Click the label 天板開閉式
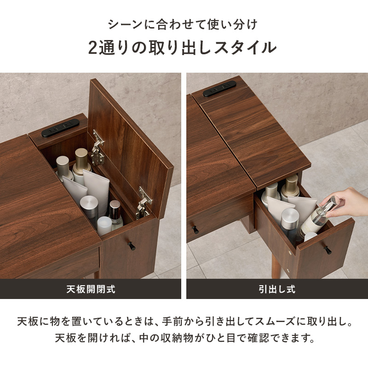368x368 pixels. coord(90,289)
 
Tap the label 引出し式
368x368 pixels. coord(277,289)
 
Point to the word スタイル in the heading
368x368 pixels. coord(248,47)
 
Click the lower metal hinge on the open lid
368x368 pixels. coord(144,201)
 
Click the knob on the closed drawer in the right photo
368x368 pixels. coord(195,229)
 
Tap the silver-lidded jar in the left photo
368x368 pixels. coord(89,210)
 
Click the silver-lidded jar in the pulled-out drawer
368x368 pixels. coord(290,223)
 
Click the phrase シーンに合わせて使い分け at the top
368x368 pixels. coord(184,23)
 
